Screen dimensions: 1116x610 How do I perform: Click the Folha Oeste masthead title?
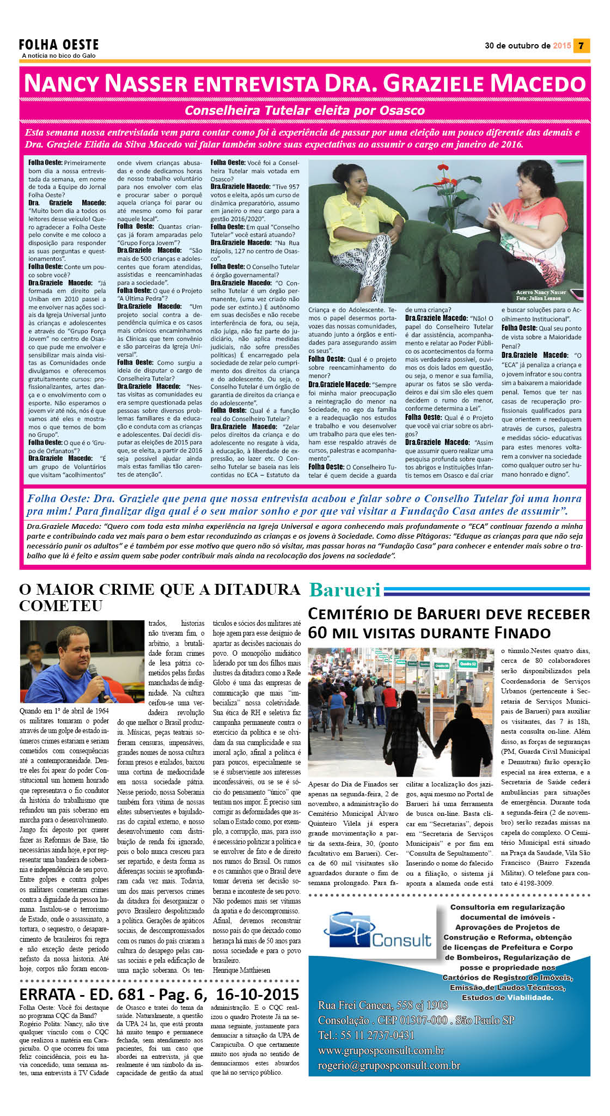[59, 45]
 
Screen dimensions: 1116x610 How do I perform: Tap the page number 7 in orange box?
[582, 46]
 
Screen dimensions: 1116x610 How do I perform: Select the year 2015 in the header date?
[562, 46]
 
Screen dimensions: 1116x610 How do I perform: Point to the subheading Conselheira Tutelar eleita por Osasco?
[304, 111]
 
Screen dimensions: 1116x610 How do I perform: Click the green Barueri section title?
[345, 590]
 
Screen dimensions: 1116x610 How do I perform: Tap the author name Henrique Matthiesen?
[241, 970]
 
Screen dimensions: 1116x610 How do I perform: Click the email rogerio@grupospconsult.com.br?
[389, 1065]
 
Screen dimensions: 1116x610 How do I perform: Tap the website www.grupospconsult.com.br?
[381, 1050]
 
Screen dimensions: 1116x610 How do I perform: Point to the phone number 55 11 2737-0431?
[376, 1035]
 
